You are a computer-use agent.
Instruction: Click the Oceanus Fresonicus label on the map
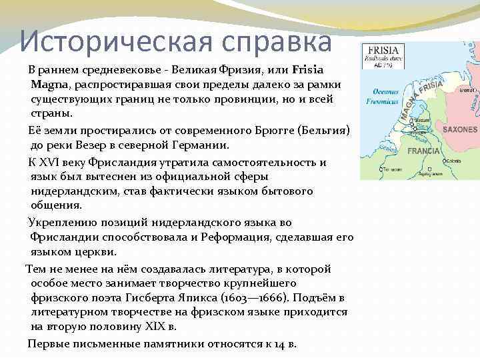coord(382,97)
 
